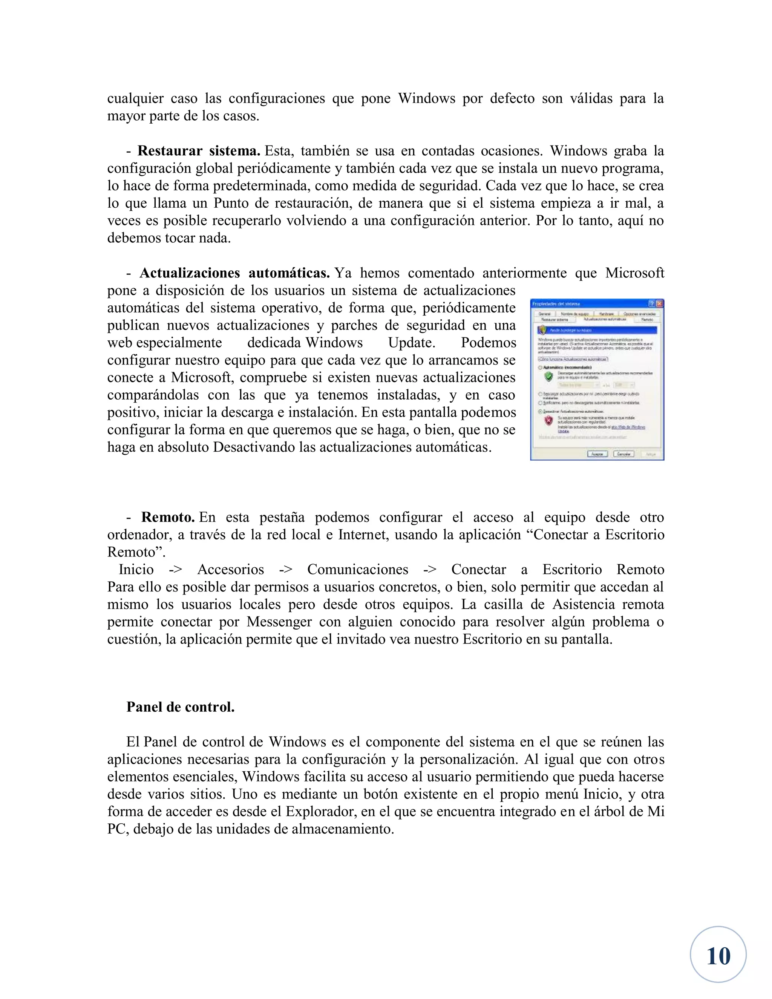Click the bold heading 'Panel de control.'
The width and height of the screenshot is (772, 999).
[180, 707]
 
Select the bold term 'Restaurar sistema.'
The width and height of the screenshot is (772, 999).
[199, 151]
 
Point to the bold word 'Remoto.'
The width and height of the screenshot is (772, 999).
[168, 517]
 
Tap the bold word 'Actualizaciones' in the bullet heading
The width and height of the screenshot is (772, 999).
[189, 273]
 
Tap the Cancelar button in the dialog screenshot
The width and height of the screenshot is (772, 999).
[623, 454]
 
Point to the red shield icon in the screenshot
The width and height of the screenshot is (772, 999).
[548, 420]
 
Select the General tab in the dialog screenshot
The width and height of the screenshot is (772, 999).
[544, 314]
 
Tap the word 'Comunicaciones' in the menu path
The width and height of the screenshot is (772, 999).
[358, 570]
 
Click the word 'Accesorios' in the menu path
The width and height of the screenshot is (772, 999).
[230, 570]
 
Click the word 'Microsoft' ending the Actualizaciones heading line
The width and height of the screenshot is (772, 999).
[634, 273]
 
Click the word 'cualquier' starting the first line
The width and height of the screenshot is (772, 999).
[135, 99]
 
